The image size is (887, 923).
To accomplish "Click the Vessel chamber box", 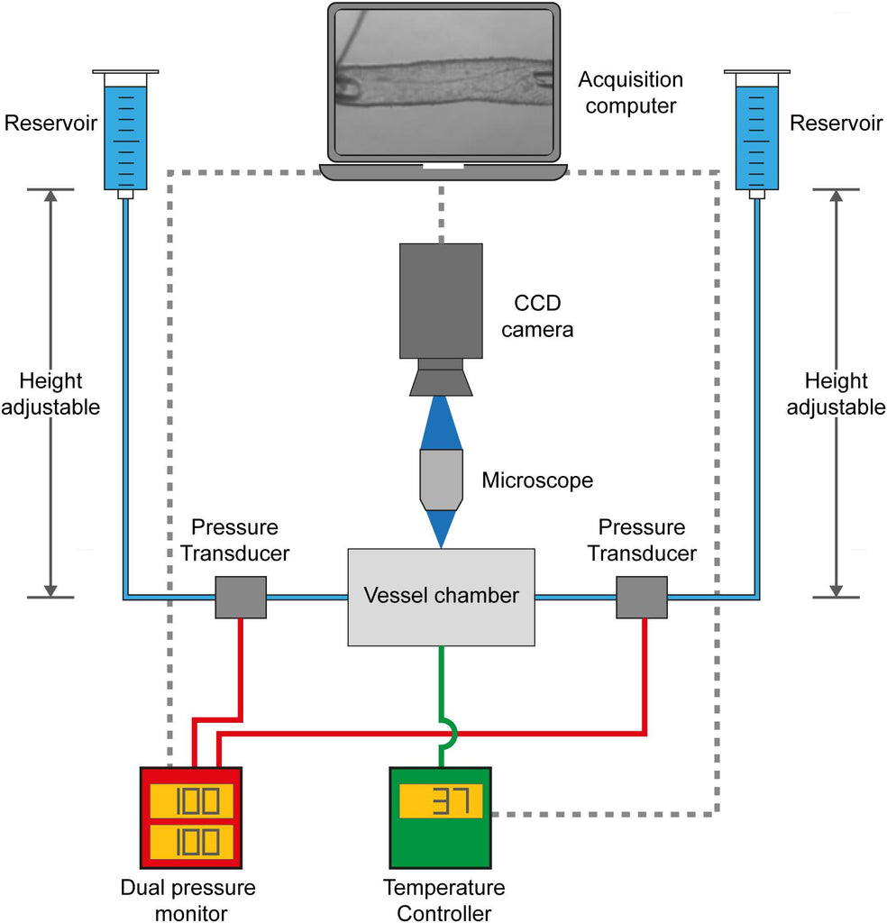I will click(x=441, y=596).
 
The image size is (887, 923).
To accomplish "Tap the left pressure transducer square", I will click(x=241, y=597).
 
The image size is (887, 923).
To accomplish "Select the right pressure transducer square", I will click(x=641, y=597).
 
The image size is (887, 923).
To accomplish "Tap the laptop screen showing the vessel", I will click(x=442, y=81).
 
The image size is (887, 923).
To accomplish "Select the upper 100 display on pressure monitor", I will click(x=191, y=800).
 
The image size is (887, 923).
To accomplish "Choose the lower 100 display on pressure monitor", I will click(x=191, y=842).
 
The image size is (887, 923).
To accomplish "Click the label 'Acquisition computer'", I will click(x=630, y=92).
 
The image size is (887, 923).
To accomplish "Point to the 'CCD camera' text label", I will click(x=537, y=315).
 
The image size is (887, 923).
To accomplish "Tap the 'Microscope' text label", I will click(x=537, y=480).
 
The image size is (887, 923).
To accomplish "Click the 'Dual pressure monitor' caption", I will click(x=187, y=900).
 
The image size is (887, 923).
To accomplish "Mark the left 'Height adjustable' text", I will click(x=50, y=394).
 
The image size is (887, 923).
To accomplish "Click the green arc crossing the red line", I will click(x=448, y=734).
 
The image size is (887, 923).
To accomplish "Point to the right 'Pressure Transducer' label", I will click(x=642, y=540).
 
